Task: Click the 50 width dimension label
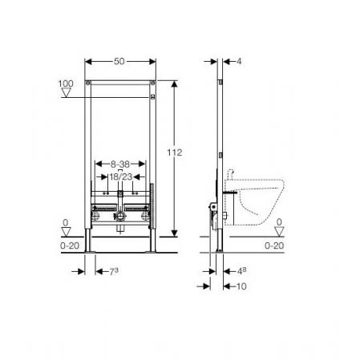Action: pos(119,61)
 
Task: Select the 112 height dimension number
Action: pos(175,152)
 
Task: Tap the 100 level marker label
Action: pos(66,83)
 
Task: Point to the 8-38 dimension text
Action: pos(120,164)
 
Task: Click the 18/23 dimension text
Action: pos(121,176)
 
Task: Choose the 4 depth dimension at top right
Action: pos(239,62)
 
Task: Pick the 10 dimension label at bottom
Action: pos(241,286)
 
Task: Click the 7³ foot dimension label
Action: pos(114,271)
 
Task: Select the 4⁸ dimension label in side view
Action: pos(241,271)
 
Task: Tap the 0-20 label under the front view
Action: pos(70,245)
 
